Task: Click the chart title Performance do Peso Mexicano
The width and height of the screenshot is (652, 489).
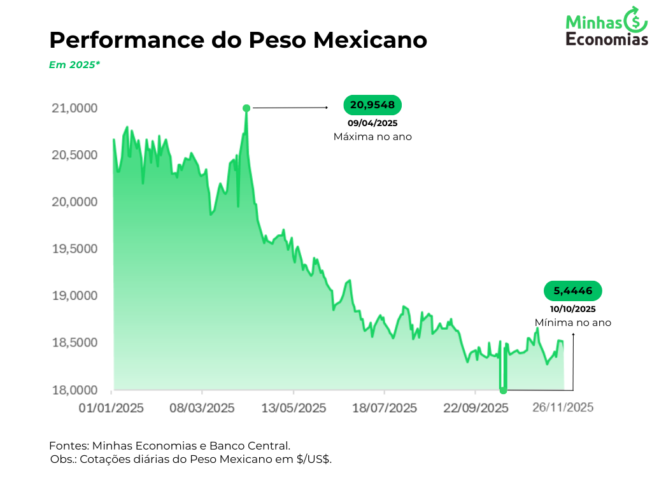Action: click(238, 40)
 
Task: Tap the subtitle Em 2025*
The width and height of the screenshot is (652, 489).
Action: click(74, 64)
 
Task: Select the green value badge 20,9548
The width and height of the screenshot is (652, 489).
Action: click(372, 105)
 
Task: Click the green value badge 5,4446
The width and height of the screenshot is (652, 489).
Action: click(573, 291)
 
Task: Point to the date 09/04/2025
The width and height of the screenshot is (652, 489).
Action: click(372, 123)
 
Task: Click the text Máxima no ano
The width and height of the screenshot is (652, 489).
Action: click(372, 137)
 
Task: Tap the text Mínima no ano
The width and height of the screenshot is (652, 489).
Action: click(573, 323)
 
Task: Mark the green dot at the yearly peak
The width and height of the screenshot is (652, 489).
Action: click(246, 108)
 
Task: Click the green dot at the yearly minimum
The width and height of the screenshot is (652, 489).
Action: click(503, 390)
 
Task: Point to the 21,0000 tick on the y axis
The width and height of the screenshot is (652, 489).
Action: click(74, 108)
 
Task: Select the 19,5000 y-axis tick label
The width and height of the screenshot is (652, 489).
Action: click(74, 249)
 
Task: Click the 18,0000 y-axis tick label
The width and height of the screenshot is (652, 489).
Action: click(74, 390)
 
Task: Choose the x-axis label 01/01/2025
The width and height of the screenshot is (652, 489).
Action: click(111, 407)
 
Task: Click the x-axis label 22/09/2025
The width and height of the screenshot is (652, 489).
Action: click(476, 407)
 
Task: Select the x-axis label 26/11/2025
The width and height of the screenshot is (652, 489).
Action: click(563, 407)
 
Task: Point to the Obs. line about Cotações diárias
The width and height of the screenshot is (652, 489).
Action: click(191, 459)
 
